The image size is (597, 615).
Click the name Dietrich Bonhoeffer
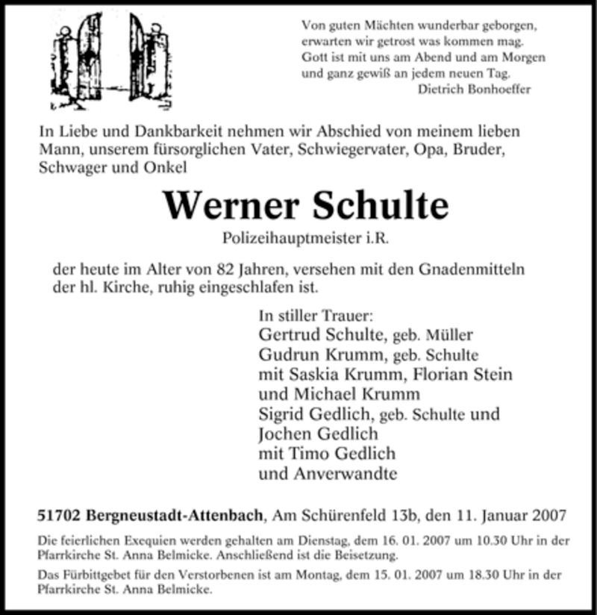(x=475, y=89)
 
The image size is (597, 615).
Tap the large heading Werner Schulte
(x=306, y=206)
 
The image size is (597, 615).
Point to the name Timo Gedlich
(x=343, y=453)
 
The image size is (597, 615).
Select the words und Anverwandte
(x=328, y=472)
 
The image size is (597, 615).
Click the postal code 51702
(x=60, y=514)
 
